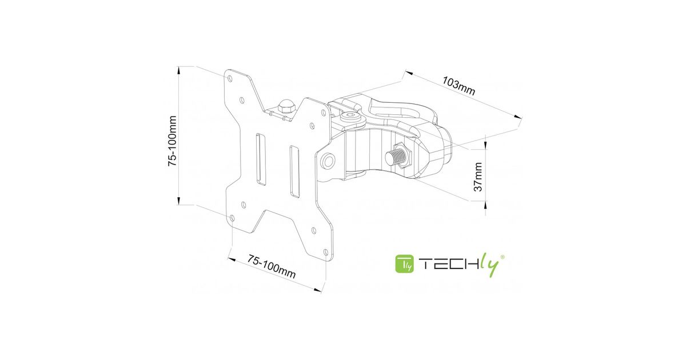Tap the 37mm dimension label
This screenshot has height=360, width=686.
click(x=478, y=176)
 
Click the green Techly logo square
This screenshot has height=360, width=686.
click(x=405, y=264)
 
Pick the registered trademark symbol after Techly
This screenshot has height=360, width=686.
click(x=502, y=258)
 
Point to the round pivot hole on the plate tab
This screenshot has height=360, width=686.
click(x=328, y=161)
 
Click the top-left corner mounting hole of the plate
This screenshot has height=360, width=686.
click(x=230, y=75)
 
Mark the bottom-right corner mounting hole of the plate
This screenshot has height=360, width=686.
click(x=326, y=252)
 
